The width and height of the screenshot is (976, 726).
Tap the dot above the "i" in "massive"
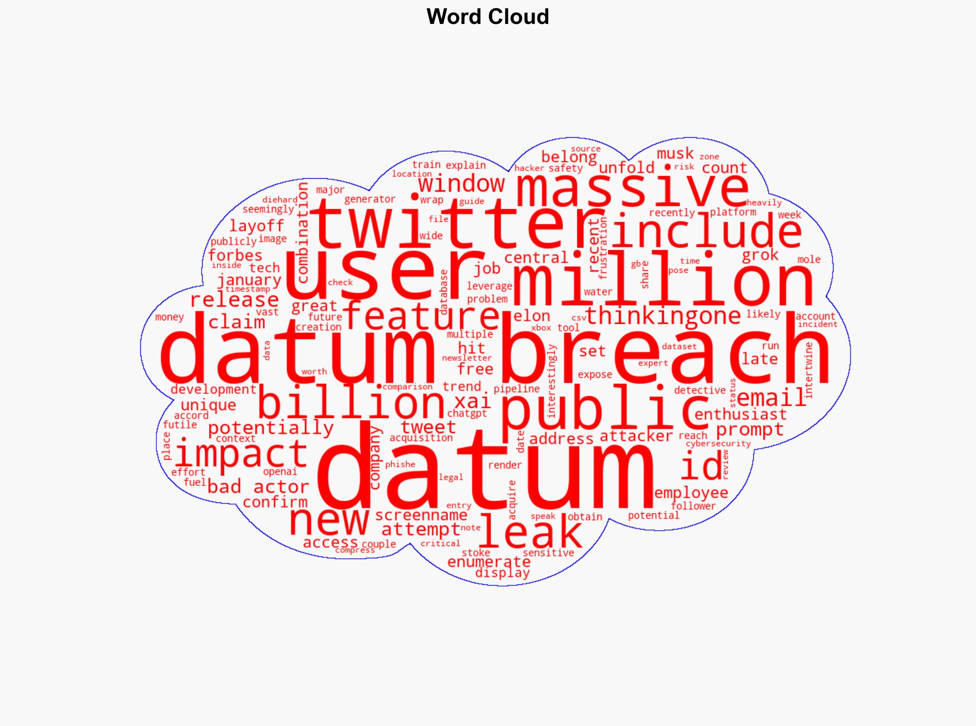point(668,167)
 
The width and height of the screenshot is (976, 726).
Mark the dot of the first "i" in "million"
point(577,254)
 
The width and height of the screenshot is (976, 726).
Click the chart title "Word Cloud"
point(487,17)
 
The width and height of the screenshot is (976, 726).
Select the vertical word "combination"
point(303,233)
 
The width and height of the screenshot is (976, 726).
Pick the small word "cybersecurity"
point(718,444)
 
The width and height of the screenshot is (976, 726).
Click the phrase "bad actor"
point(258,487)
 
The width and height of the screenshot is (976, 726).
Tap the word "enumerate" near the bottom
point(489,562)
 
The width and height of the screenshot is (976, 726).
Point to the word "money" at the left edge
point(169,317)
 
